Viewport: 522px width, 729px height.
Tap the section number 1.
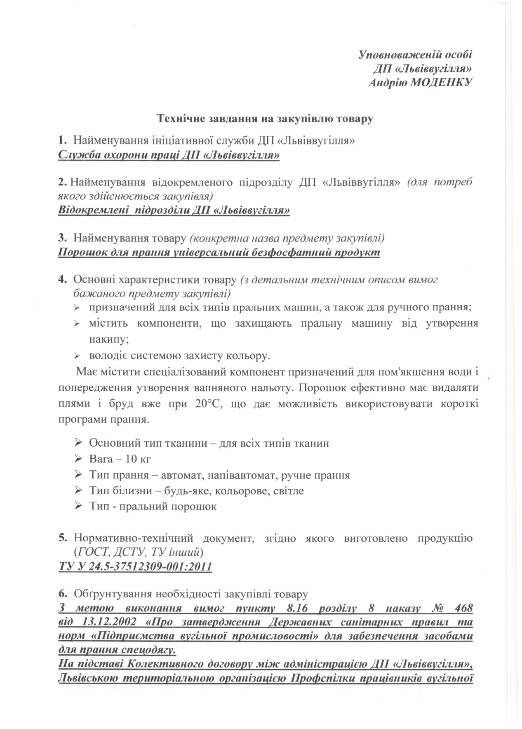tap(62, 140)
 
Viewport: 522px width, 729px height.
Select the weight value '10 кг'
tap(139, 459)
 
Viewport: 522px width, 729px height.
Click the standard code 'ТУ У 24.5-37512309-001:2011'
tap(135, 566)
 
